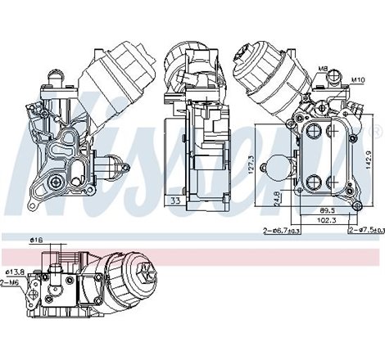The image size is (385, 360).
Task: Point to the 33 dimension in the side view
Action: (x=176, y=199)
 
